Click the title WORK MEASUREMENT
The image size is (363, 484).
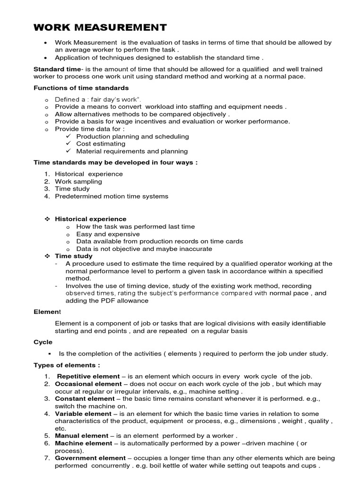(100, 27)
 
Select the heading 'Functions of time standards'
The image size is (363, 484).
(81, 88)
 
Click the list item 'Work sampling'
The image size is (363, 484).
(78, 181)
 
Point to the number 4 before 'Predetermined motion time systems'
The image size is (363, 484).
(47, 196)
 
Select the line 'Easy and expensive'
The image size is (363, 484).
(108, 234)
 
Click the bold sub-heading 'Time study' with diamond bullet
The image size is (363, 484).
(73, 256)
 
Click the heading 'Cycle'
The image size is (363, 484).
(43, 342)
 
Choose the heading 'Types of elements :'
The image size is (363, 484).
(66, 365)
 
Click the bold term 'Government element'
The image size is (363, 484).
(90, 458)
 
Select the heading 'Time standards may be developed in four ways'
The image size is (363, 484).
(115, 163)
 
